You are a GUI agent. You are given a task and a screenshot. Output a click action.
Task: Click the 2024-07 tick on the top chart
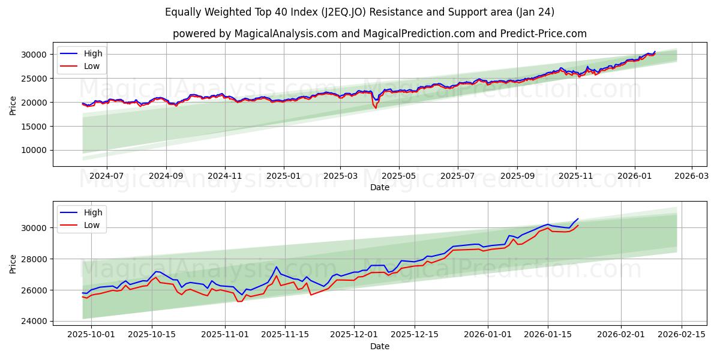107,176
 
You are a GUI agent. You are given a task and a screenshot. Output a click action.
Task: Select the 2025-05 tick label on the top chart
399,176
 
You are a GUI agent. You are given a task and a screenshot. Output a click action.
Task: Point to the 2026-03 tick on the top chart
692,176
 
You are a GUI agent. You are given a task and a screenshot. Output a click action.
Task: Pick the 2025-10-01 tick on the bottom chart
91,335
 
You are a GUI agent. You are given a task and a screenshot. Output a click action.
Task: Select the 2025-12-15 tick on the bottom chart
413,335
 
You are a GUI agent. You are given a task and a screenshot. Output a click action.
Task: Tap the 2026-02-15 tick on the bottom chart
682,335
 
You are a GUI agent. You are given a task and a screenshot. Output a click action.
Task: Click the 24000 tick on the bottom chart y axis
36,322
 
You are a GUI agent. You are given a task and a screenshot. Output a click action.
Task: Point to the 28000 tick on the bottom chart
36,259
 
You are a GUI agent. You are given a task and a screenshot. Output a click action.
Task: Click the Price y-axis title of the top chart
13,105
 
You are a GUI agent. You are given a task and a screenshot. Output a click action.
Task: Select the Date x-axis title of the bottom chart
379,346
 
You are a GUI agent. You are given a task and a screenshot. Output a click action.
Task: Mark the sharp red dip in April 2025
376,108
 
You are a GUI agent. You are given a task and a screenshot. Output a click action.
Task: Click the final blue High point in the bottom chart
578,218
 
